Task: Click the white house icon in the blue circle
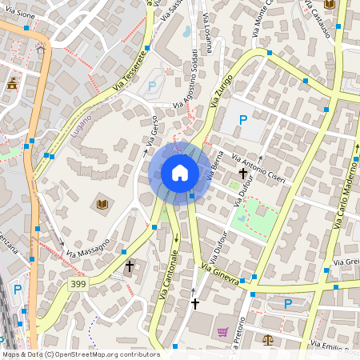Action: pyautogui.click(x=179, y=173)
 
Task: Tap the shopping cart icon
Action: pyautogui.click(x=222, y=331)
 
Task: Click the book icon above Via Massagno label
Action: pyautogui.click(x=102, y=206)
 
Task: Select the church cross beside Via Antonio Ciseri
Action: pyautogui.click(x=242, y=173)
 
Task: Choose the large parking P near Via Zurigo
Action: pyautogui.click(x=243, y=120)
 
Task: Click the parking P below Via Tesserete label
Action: pyautogui.click(x=153, y=86)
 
